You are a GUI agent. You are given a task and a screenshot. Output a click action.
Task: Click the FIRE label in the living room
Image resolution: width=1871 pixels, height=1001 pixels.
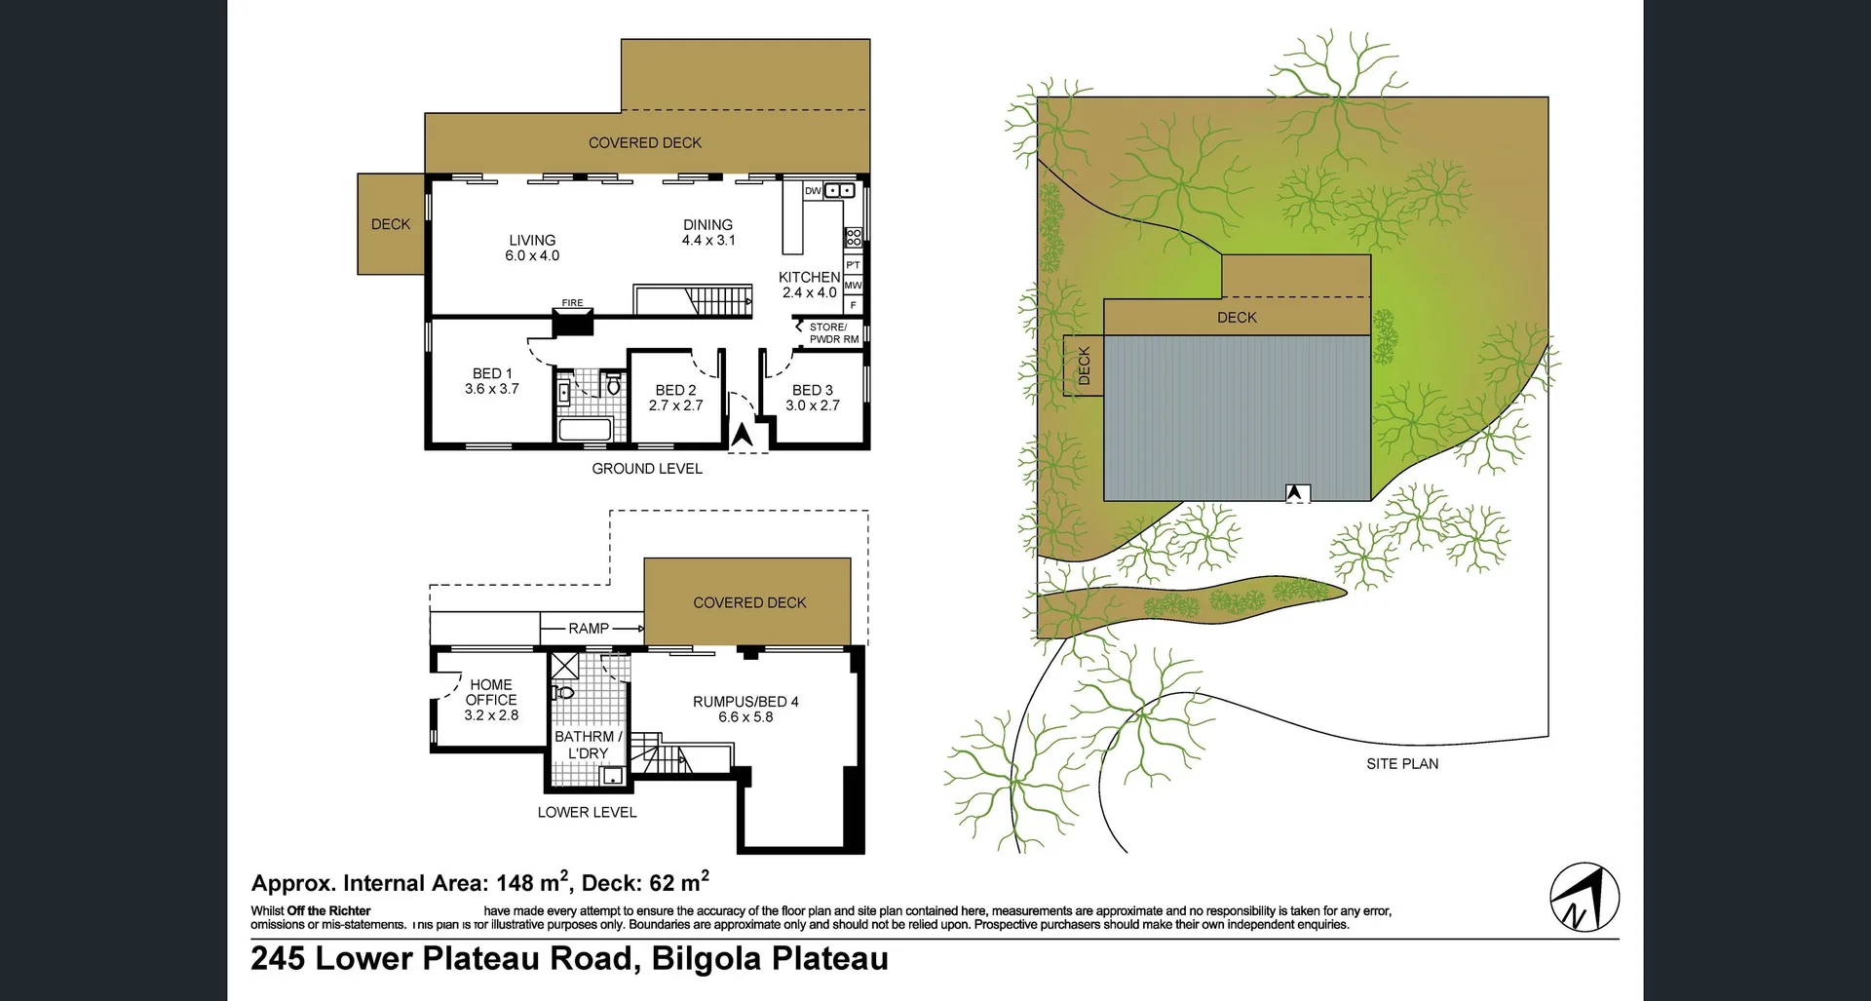pyautogui.click(x=572, y=303)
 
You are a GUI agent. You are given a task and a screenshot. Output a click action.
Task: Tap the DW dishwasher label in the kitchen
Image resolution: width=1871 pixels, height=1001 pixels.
pyautogui.click(x=813, y=191)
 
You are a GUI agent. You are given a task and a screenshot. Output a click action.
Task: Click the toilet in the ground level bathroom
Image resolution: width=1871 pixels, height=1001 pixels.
pyautogui.click(x=613, y=386)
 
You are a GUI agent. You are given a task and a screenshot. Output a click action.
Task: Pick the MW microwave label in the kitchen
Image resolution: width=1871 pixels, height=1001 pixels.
pyautogui.click(x=853, y=286)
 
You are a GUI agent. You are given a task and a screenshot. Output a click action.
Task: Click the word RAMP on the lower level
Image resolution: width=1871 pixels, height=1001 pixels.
pyautogui.click(x=589, y=629)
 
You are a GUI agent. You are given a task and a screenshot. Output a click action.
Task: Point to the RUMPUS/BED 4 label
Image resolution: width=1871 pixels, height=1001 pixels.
pyautogui.click(x=745, y=709)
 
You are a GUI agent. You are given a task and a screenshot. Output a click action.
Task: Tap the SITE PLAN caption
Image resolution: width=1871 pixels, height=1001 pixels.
pyautogui.click(x=1401, y=764)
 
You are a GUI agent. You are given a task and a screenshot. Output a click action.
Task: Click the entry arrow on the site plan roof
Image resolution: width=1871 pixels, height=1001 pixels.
pyautogui.click(x=1294, y=493)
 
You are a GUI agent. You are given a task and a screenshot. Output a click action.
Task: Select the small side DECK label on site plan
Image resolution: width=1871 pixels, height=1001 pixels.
pyautogui.click(x=1084, y=366)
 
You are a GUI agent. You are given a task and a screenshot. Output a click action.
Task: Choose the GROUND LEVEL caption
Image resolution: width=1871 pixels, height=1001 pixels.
pyautogui.click(x=647, y=469)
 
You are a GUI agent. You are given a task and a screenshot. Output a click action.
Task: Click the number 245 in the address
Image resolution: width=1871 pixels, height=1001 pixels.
pyautogui.click(x=278, y=959)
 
